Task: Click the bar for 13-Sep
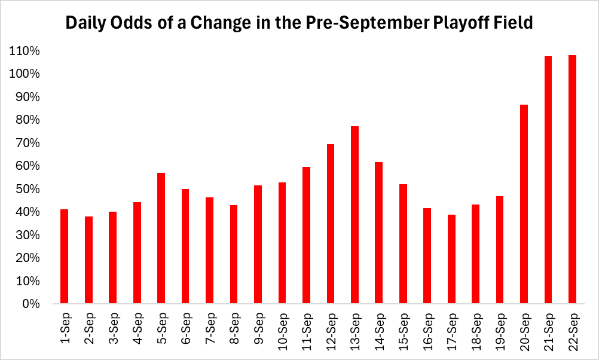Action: click(x=354, y=215)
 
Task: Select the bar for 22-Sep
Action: click(x=572, y=179)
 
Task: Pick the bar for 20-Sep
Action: click(x=524, y=204)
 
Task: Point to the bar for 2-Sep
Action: click(x=88, y=260)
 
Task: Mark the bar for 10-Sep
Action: click(x=282, y=243)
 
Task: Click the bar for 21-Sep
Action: click(x=548, y=180)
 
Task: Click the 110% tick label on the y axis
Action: click(x=25, y=51)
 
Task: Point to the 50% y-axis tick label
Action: click(x=27, y=189)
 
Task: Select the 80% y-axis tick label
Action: click(x=27, y=120)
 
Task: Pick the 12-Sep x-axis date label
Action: click(x=331, y=328)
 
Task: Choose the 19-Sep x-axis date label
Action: click(x=500, y=328)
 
